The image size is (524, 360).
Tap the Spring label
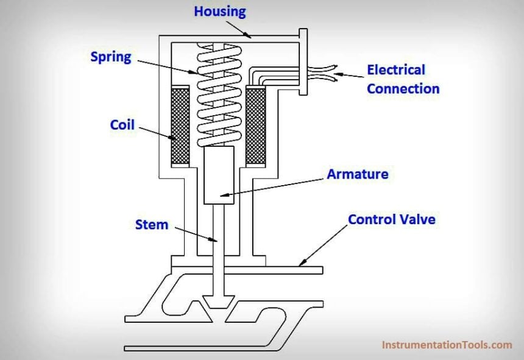pyautogui.click(x=111, y=57)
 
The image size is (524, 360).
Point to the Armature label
pyautogui.click(x=358, y=174)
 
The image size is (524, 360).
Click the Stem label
pyautogui.click(x=151, y=224)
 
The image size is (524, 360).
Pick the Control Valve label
pyautogui.click(x=391, y=219)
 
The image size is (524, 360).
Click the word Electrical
pyautogui.click(x=395, y=70)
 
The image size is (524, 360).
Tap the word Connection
pyautogui.click(x=403, y=88)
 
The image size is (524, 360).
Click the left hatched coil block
pyautogui.click(x=180, y=126)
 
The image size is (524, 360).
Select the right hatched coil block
pyautogui.click(x=256, y=126)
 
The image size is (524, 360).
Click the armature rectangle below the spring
pyautogui.click(x=218, y=175)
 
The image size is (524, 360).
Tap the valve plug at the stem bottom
pyautogui.click(x=218, y=301)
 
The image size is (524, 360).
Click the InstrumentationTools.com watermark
pyautogui.click(x=447, y=345)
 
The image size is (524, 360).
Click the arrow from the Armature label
pyautogui.click(x=274, y=185)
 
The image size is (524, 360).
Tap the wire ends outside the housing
pyautogui.click(x=326, y=72)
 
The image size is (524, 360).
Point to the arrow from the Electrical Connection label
pyautogui.click(x=350, y=76)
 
